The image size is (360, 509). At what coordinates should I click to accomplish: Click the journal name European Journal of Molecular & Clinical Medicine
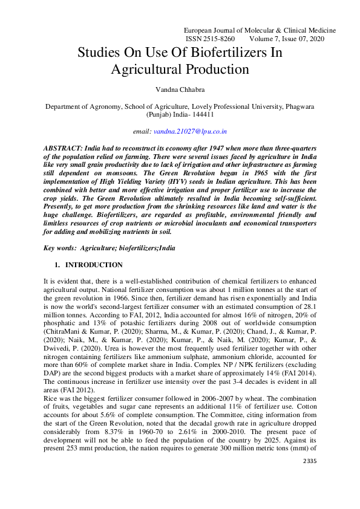point(259,30)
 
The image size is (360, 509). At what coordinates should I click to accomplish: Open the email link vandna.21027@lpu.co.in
point(190,131)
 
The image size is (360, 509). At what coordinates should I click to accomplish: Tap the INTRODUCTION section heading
point(94,265)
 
